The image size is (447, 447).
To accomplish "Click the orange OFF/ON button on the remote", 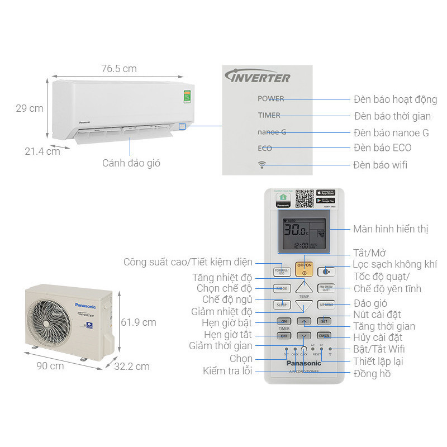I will click(x=304, y=269).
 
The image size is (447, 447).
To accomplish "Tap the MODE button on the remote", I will click(x=281, y=288).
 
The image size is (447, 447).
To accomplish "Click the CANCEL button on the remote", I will click(x=325, y=336).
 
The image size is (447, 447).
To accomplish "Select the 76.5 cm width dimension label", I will click(x=118, y=69).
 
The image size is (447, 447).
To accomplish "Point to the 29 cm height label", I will click(x=29, y=108).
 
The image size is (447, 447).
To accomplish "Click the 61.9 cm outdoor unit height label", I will click(x=138, y=322).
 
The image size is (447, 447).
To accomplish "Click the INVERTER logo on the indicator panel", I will click(x=257, y=77).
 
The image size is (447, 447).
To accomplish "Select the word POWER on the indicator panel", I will click(x=270, y=99).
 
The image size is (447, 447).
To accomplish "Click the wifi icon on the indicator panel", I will click(x=261, y=164).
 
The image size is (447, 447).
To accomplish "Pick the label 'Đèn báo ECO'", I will click(x=382, y=148).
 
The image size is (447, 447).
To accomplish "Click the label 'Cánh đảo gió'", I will click(x=131, y=163).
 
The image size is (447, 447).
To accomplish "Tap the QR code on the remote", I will click(x=304, y=198).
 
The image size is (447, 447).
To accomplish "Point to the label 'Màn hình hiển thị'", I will click(x=391, y=229).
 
